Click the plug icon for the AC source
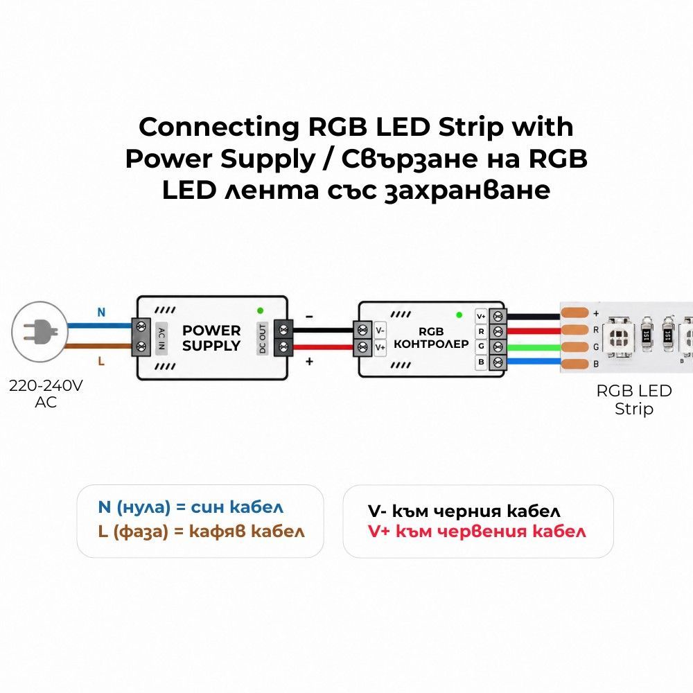[x=40, y=331]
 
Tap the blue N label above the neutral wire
[x=101, y=313]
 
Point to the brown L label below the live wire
[x=101, y=361]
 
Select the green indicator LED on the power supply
[x=261, y=310]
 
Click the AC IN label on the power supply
[x=161, y=339]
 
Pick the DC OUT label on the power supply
[x=263, y=339]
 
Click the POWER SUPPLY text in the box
[x=211, y=338]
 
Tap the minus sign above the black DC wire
[x=309, y=317]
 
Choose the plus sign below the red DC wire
[x=309, y=362]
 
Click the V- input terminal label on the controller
[x=380, y=331]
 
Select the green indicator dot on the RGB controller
[x=459, y=315]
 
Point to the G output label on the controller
[x=481, y=346]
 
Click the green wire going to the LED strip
[x=533, y=347]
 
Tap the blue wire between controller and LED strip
[x=533, y=362]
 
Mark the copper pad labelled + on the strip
[x=574, y=313]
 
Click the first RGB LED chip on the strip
[x=619, y=339]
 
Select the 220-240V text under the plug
[x=46, y=386]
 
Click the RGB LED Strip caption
[x=634, y=400]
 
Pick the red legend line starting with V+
[x=477, y=531]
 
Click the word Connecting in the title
[x=219, y=128]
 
